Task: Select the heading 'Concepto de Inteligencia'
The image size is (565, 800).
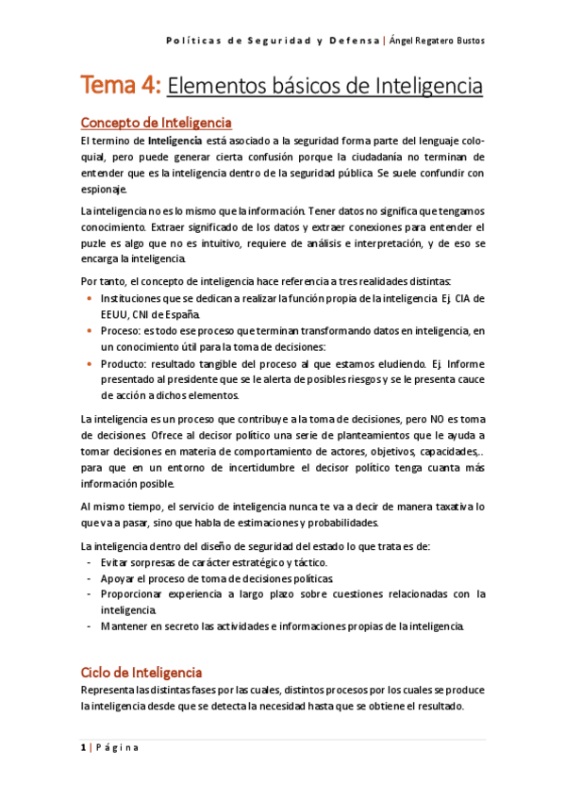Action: coord(157,123)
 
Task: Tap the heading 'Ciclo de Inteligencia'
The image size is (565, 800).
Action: coord(141,673)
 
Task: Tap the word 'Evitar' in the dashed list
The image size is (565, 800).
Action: coord(116,561)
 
